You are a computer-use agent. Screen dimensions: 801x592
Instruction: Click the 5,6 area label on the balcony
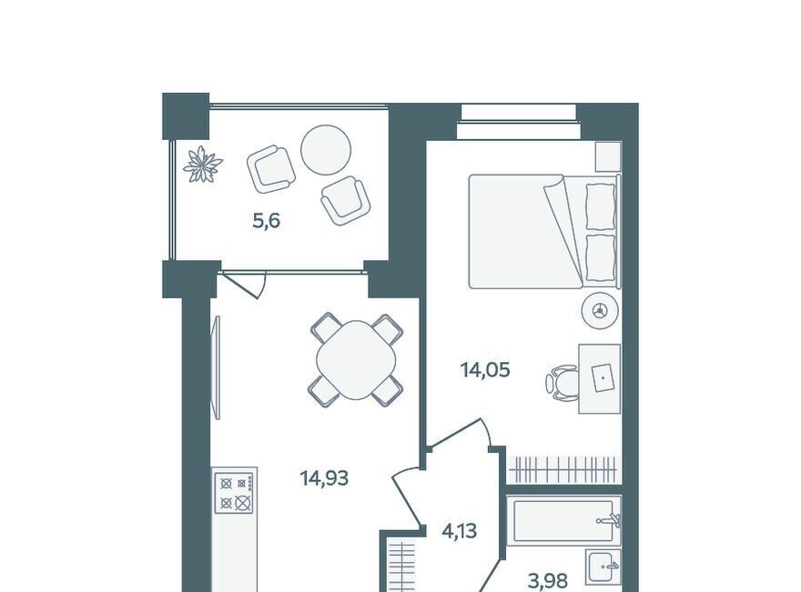pyautogui.click(x=267, y=222)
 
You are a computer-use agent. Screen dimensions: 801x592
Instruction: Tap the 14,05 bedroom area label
pyautogui.click(x=485, y=369)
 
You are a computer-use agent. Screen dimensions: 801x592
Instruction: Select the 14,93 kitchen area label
pyautogui.click(x=324, y=478)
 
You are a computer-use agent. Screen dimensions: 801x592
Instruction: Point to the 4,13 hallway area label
pyautogui.click(x=460, y=531)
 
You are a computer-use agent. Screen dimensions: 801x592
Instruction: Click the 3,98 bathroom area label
pyautogui.click(x=548, y=581)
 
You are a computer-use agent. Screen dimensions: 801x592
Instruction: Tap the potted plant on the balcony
pyautogui.click(x=203, y=164)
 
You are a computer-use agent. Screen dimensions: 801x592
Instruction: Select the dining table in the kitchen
pyautogui.click(x=356, y=360)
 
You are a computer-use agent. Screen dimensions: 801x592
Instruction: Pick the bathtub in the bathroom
pyautogui.click(x=563, y=520)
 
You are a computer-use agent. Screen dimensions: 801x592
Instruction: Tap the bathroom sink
pyautogui.click(x=603, y=567)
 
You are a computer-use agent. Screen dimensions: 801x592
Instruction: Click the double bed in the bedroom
pyautogui.click(x=544, y=232)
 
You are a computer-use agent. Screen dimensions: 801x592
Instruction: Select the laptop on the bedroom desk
pyautogui.click(x=604, y=377)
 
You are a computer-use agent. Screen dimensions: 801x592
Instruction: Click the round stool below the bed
pyautogui.click(x=600, y=310)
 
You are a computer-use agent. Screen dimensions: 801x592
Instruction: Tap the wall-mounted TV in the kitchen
pyautogui.click(x=218, y=367)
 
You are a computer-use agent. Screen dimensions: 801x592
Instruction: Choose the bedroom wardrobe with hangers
pyautogui.click(x=564, y=469)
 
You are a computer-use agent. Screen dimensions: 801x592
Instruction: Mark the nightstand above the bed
pyautogui.click(x=608, y=156)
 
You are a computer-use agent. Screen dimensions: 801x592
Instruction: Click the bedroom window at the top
pyautogui.click(x=519, y=120)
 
